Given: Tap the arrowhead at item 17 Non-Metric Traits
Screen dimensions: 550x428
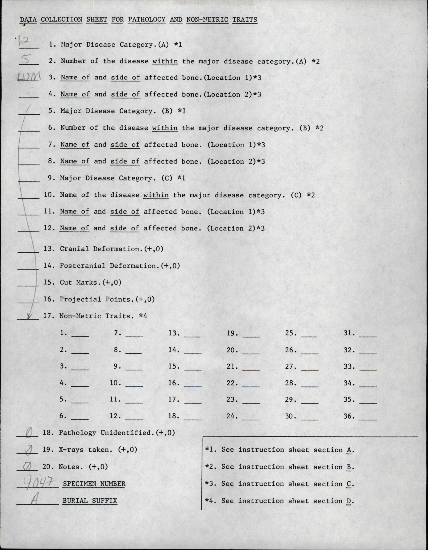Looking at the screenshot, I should click(x=29, y=316).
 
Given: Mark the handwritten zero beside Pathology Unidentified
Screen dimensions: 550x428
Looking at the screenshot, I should click(x=28, y=433).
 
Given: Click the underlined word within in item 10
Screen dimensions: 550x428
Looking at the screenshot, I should click(x=156, y=195).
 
